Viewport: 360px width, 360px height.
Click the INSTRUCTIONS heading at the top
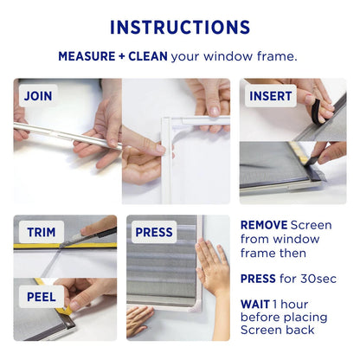[x=180, y=27]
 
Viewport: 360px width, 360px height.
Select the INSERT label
[x=271, y=96]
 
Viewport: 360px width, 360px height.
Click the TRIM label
[x=41, y=232]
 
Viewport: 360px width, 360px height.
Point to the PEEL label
[x=41, y=296]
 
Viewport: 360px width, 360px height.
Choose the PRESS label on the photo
[x=155, y=232]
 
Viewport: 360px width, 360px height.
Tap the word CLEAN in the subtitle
[x=147, y=57]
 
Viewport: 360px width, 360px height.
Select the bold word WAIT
[x=255, y=305]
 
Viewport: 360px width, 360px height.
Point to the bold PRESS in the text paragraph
[x=259, y=278]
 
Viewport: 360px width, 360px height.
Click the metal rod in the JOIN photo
[x=61, y=135]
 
